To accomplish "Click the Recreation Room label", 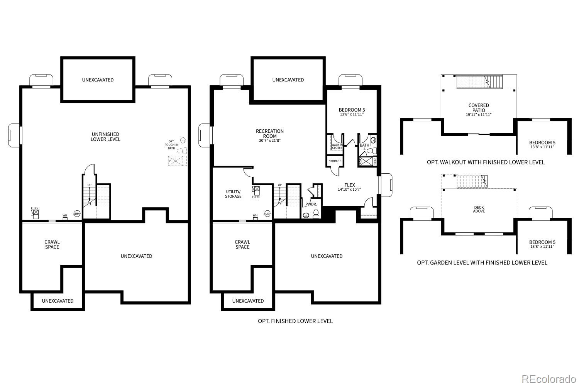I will click(270, 134).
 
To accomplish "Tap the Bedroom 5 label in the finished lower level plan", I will click(352, 110).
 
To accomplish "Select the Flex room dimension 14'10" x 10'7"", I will click(349, 190).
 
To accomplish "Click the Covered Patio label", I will click(479, 108).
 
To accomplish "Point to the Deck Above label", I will click(479, 209).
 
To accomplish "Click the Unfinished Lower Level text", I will click(105, 137).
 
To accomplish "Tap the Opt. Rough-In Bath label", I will click(171, 144).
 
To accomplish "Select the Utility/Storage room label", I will click(233, 194).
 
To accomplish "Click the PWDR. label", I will click(311, 204).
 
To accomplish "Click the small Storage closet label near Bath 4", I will click(335, 161).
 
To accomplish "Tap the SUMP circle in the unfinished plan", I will click(77, 213).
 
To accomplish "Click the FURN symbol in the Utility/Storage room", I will click(256, 190).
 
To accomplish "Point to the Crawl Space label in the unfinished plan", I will click(52, 244).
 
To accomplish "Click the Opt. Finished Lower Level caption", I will click(295, 321).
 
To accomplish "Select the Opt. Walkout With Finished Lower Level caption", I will click(486, 162).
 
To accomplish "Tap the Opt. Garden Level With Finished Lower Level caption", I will click(482, 262).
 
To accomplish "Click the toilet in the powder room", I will click(316, 213).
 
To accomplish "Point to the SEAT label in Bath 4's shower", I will click(375, 161).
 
